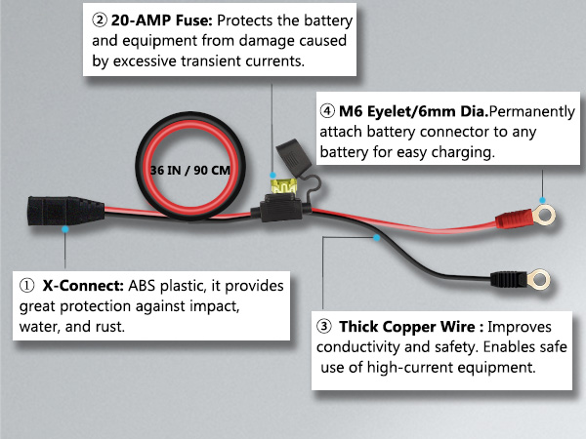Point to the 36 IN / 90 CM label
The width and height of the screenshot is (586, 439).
tap(191, 169)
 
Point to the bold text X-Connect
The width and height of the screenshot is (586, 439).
tap(82, 287)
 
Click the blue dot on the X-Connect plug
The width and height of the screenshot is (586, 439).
tap(64, 230)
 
